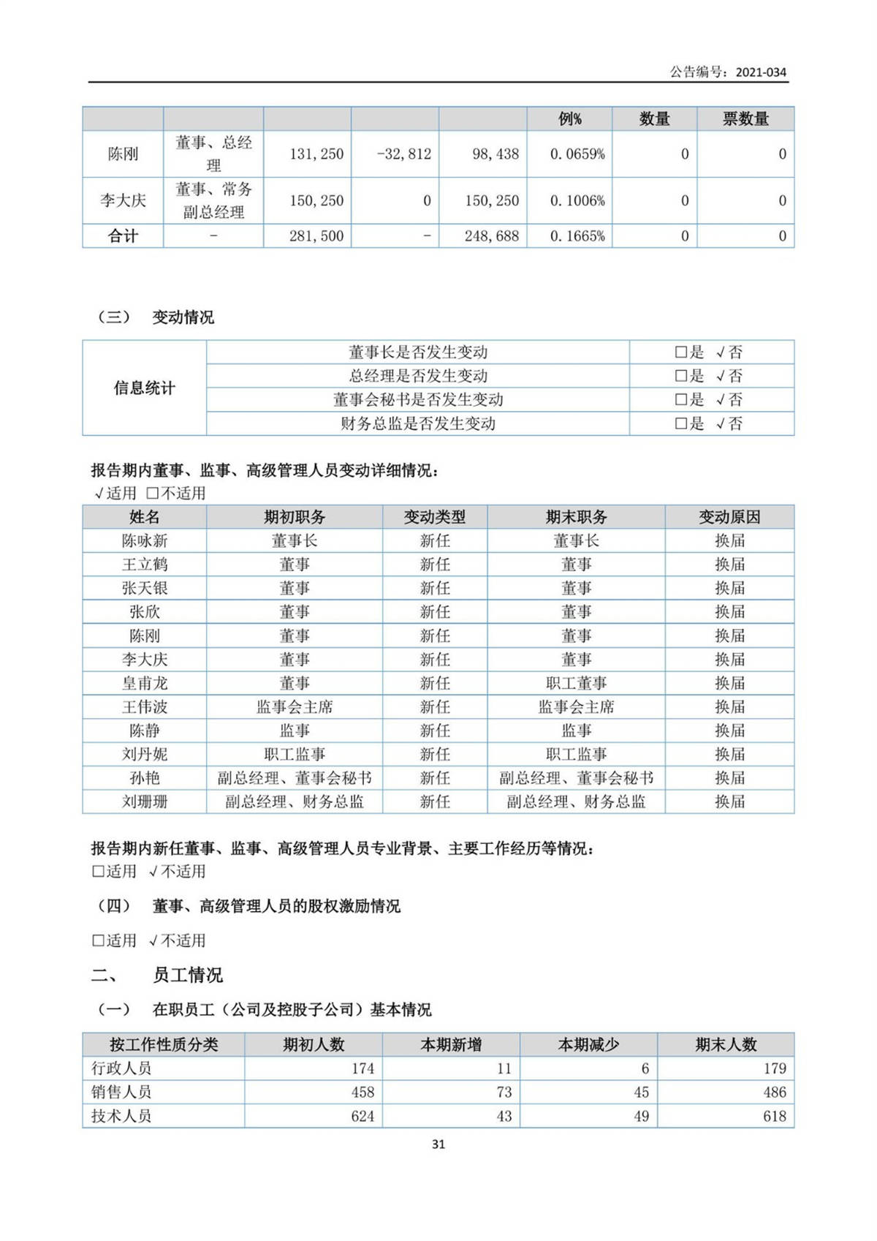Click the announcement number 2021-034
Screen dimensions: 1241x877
tap(761, 72)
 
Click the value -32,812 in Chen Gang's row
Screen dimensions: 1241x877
tap(404, 154)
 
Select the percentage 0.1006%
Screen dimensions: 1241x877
tap(577, 201)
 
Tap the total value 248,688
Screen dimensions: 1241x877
tap(491, 236)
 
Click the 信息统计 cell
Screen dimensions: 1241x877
tap(145, 388)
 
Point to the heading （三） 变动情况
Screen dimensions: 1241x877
tap(155, 317)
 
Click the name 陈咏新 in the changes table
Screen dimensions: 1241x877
tap(145, 541)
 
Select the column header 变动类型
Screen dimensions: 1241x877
tap(435, 517)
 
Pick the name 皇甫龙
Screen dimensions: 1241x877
tap(145, 683)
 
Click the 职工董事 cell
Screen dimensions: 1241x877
tap(576, 683)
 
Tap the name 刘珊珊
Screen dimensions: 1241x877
tap(145, 801)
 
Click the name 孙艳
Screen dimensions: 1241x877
tap(145, 778)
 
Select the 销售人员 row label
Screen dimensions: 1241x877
tap(121, 1093)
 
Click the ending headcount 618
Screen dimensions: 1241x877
tap(774, 1117)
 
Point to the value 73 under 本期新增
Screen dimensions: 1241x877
tap(504, 1093)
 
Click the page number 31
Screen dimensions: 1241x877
tap(438, 1144)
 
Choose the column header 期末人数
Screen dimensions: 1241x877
tap(726, 1045)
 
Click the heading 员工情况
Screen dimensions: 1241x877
tap(187, 976)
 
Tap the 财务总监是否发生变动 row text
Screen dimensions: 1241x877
tap(418, 423)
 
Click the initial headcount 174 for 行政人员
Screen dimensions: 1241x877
tap(362, 1068)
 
